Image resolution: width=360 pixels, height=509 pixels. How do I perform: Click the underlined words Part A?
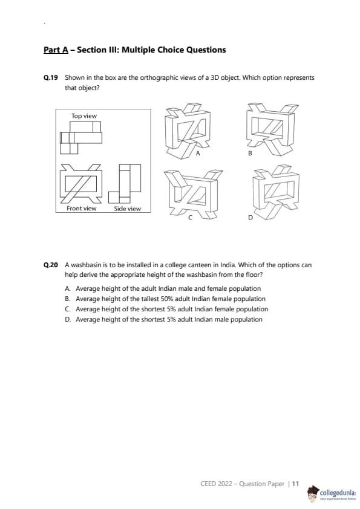[56, 50]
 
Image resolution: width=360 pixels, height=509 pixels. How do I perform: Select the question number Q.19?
[51, 77]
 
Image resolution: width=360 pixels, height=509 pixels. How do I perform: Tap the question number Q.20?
[51, 265]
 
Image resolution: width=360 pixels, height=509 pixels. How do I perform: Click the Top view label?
[84, 116]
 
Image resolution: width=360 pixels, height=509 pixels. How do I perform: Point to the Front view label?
[82, 209]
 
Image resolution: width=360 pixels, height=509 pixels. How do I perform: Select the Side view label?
[128, 209]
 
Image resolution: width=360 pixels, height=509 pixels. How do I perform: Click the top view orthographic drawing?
[81, 137]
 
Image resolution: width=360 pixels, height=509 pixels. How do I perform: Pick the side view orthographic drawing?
[125, 183]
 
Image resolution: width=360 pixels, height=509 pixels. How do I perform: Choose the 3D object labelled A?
[188, 131]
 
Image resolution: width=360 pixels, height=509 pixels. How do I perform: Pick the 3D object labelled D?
[275, 192]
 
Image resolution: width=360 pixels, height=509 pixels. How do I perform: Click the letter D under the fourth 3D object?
[250, 218]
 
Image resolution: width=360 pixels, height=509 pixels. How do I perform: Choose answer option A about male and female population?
[163, 288]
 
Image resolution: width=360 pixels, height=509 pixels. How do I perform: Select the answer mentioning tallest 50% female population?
[165, 299]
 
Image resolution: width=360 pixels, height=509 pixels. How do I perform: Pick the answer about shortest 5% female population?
[166, 310]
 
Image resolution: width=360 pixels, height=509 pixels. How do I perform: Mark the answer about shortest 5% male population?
[163, 320]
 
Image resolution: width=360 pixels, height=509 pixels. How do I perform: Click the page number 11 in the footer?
[295, 484]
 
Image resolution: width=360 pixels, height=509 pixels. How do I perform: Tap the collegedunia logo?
[332, 493]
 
